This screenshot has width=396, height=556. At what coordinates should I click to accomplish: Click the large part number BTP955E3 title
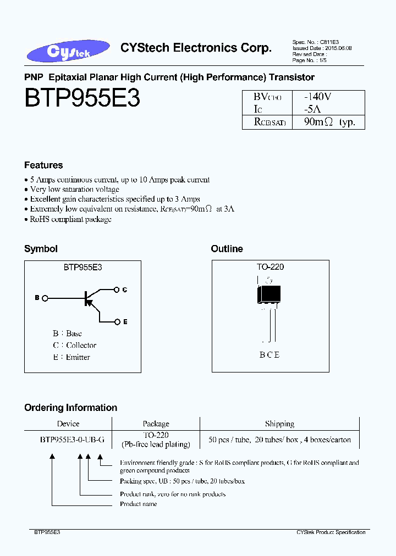click(82, 99)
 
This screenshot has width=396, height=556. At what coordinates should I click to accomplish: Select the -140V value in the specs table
click(318, 96)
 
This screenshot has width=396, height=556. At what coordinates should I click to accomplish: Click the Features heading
click(43, 165)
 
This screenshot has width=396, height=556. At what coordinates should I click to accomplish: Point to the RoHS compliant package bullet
click(70, 219)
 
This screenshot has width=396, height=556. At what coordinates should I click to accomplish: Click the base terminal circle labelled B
click(45, 298)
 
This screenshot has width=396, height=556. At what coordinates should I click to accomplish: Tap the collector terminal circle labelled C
click(116, 289)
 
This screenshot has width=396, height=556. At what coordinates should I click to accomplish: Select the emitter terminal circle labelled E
click(116, 321)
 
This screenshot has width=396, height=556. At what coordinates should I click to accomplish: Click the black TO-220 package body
click(269, 293)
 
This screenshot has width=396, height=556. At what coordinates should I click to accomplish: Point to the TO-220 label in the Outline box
click(270, 267)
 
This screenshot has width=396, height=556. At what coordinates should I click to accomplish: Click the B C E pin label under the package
click(269, 355)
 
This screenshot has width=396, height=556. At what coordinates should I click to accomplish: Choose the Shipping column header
click(279, 424)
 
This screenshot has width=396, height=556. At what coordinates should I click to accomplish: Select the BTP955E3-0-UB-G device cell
click(68, 440)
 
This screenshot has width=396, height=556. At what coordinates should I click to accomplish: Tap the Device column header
click(68, 424)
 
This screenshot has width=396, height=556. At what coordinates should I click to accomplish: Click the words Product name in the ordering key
click(138, 504)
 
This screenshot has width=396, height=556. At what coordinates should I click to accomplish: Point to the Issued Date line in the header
click(322, 48)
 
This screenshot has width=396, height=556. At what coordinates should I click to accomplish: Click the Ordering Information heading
click(70, 408)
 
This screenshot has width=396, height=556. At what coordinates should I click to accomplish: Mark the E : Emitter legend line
click(71, 357)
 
